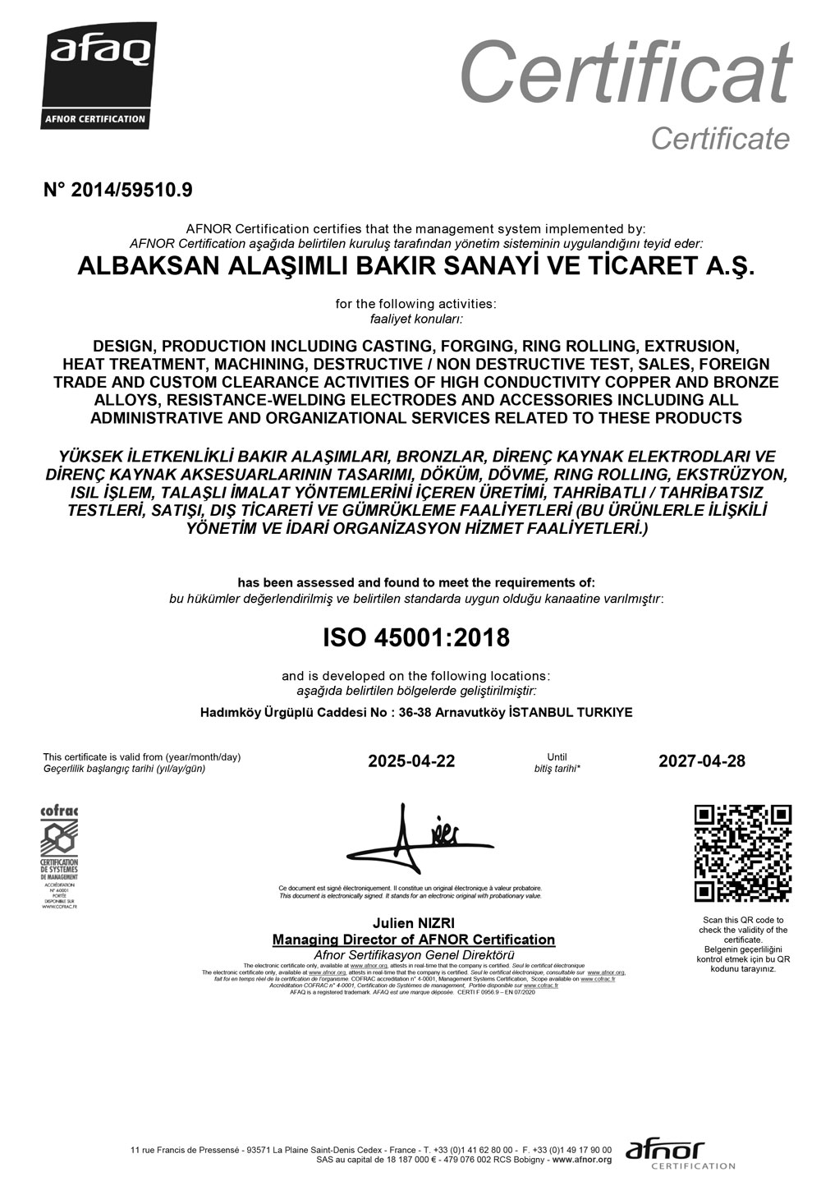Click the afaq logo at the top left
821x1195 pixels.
coord(99,76)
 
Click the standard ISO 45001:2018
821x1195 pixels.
coord(415,637)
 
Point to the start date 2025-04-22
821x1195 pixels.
coord(411,761)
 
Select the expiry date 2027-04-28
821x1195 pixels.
coord(702,761)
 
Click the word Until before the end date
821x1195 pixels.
coord(557,756)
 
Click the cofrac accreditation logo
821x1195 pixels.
coord(59,857)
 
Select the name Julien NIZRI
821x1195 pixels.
coord(414,924)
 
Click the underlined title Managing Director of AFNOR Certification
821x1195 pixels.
coord(414,940)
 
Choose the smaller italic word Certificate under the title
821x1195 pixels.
coord(720,139)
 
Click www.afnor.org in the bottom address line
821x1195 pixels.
coord(581,1160)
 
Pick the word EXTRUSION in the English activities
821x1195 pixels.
coord(692,345)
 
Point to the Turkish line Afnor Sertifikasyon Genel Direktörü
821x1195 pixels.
coord(414,954)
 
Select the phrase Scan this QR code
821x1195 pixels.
coord(743,920)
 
